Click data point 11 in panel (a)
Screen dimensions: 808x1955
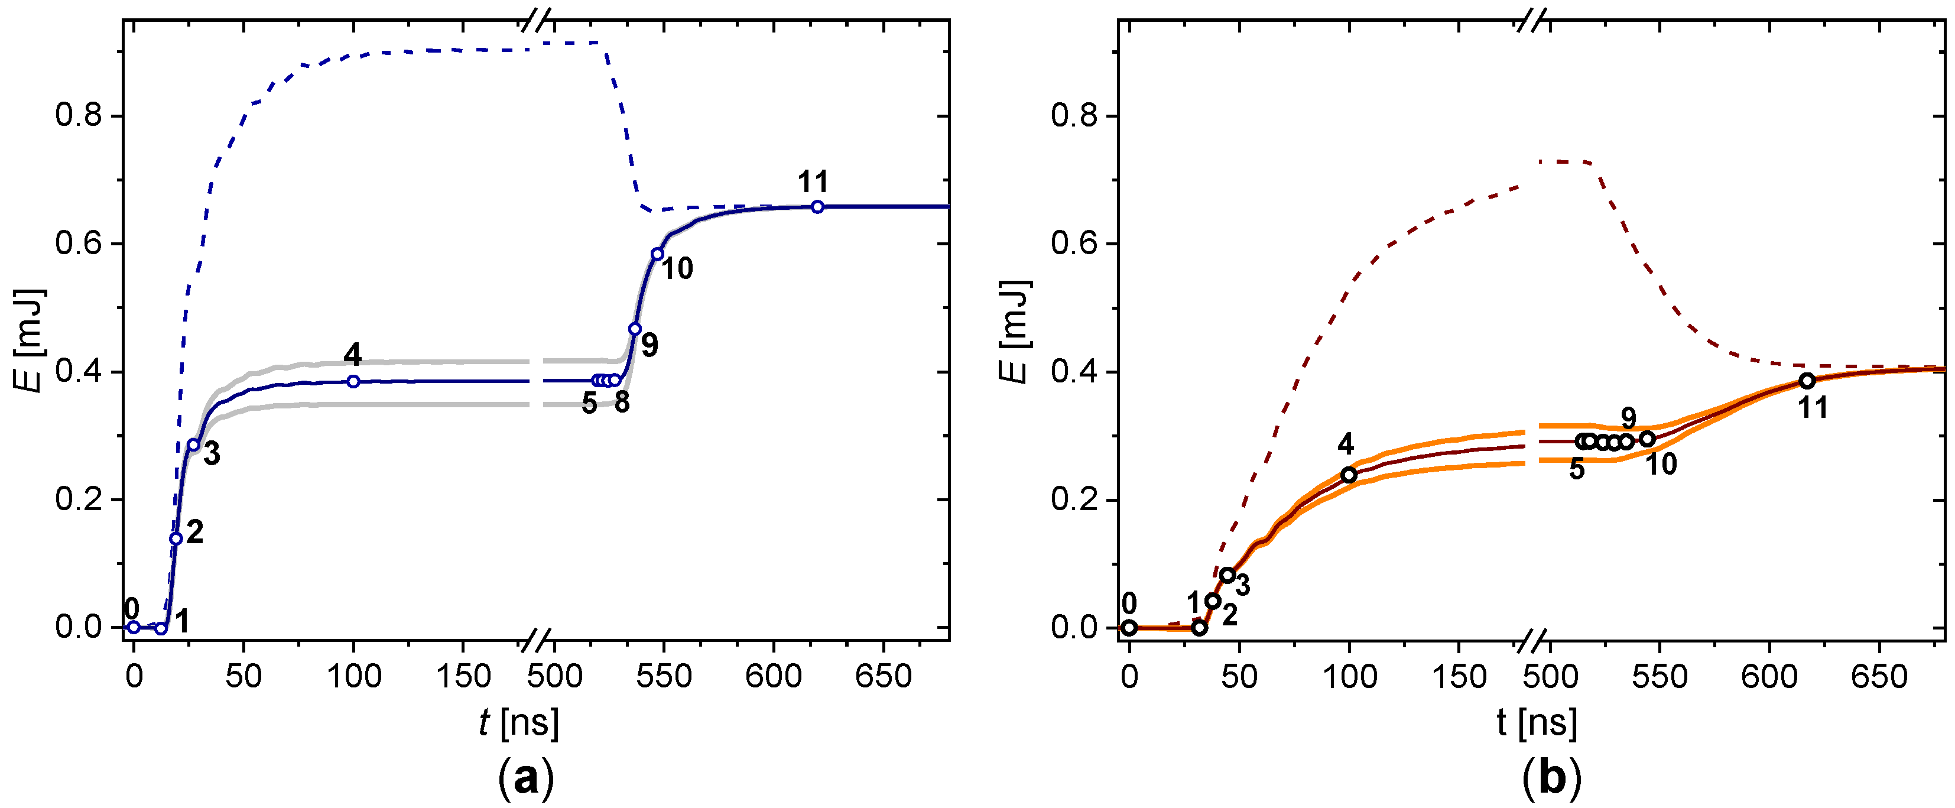817,206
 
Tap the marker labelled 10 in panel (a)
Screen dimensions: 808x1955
657,254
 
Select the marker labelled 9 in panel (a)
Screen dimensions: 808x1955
635,329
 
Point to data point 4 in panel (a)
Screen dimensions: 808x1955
353,381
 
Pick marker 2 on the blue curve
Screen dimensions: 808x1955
176,538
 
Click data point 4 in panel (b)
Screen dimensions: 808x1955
1349,475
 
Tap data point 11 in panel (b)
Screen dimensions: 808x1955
1807,381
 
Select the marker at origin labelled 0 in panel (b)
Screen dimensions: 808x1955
1129,628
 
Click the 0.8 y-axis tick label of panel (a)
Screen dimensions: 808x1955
79,116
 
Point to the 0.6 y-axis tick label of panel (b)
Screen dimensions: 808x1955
1074,244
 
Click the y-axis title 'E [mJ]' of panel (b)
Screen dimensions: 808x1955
1014,332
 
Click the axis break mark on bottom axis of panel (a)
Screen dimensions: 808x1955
537,640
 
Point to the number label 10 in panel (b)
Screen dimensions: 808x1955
1661,463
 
